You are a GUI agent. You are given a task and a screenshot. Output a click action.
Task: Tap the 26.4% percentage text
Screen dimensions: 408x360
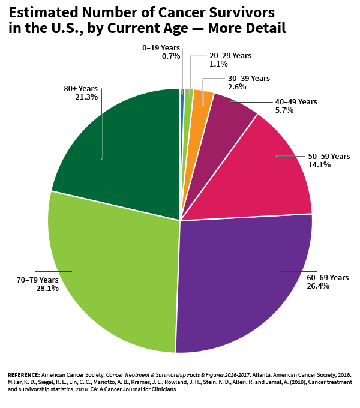[x=317, y=286]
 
